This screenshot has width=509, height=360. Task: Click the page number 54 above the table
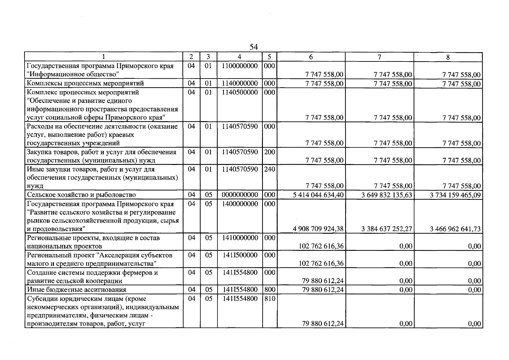pos(254,47)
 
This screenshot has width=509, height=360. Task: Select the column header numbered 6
pos(311,57)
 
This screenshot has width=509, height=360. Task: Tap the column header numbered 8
pos(448,57)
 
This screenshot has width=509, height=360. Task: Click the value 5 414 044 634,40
pos(318,195)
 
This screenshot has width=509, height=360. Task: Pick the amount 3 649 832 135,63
pos(386,195)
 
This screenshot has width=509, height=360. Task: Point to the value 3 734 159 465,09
pos(455,195)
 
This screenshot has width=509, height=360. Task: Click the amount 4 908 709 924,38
pos(318,229)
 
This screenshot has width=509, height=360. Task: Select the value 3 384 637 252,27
pos(386,229)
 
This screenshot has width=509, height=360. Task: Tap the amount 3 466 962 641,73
pos(455,229)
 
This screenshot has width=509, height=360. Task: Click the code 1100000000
pos(240,66)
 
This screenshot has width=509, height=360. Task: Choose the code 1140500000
pos(240,92)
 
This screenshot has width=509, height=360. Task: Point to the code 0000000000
pos(240,195)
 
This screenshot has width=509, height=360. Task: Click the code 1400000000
pos(240,204)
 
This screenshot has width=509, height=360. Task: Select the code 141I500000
pos(240,255)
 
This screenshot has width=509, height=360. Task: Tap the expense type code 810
pos(269,298)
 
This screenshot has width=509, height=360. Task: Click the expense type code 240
pos(269,169)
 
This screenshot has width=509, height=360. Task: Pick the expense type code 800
pos(269,289)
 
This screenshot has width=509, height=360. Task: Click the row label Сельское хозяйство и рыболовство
pos(81,195)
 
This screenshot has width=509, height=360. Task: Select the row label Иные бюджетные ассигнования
pos(76,290)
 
